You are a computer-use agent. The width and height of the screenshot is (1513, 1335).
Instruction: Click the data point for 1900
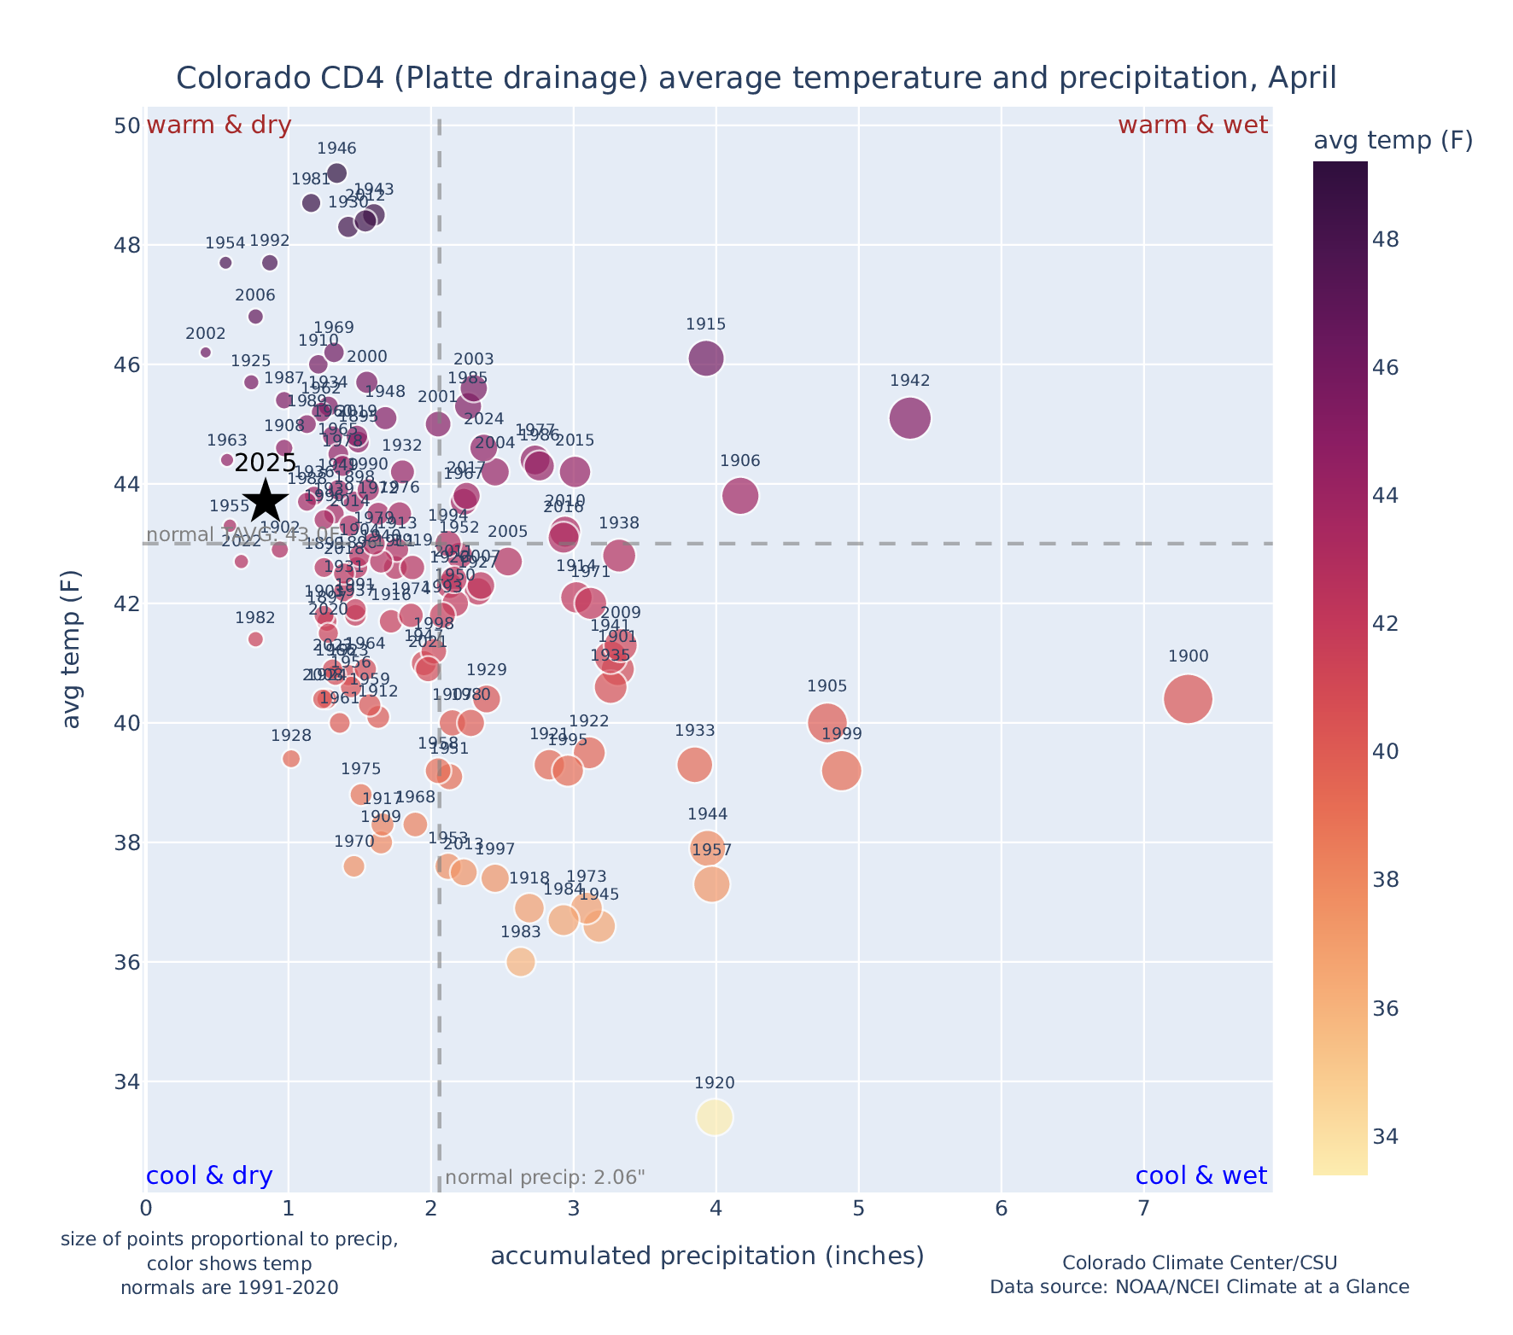1187,699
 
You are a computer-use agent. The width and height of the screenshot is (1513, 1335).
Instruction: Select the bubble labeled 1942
909,418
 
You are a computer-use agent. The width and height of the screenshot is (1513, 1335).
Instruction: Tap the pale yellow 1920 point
715,1117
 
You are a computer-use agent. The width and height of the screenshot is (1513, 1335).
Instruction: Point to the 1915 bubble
706,358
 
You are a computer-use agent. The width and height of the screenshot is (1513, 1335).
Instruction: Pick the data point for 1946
336,173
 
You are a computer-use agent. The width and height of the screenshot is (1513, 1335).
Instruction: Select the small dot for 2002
206,353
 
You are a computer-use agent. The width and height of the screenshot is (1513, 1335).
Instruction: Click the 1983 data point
521,962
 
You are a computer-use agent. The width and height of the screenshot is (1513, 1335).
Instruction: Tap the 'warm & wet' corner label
1192,125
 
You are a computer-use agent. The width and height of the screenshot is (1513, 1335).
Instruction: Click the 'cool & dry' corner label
209,1176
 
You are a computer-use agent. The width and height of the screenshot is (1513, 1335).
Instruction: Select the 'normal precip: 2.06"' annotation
545,1178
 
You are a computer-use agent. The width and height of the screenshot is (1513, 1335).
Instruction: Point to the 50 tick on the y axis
127,125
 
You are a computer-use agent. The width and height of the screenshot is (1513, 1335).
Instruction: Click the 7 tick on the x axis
1144,1209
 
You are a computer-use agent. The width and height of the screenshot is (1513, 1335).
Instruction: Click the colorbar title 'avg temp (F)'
1393,141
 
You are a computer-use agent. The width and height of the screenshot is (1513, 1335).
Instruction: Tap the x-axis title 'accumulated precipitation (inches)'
707,1256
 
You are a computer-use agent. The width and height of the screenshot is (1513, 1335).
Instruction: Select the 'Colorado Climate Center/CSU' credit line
1200,1262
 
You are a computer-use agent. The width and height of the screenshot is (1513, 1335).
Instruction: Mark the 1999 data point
841,771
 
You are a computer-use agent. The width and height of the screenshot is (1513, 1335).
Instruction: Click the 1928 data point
291,759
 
